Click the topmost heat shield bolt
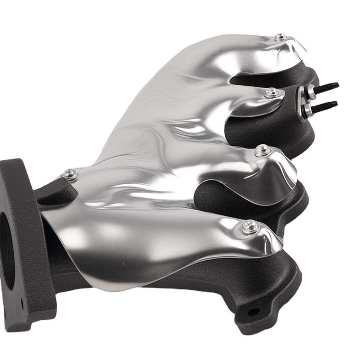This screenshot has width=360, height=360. click(x=280, y=37)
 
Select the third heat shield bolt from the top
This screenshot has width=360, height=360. click(x=263, y=150)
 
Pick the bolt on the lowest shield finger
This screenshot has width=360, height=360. click(x=249, y=226)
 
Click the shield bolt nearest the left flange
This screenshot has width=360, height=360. click(x=71, y=175)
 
